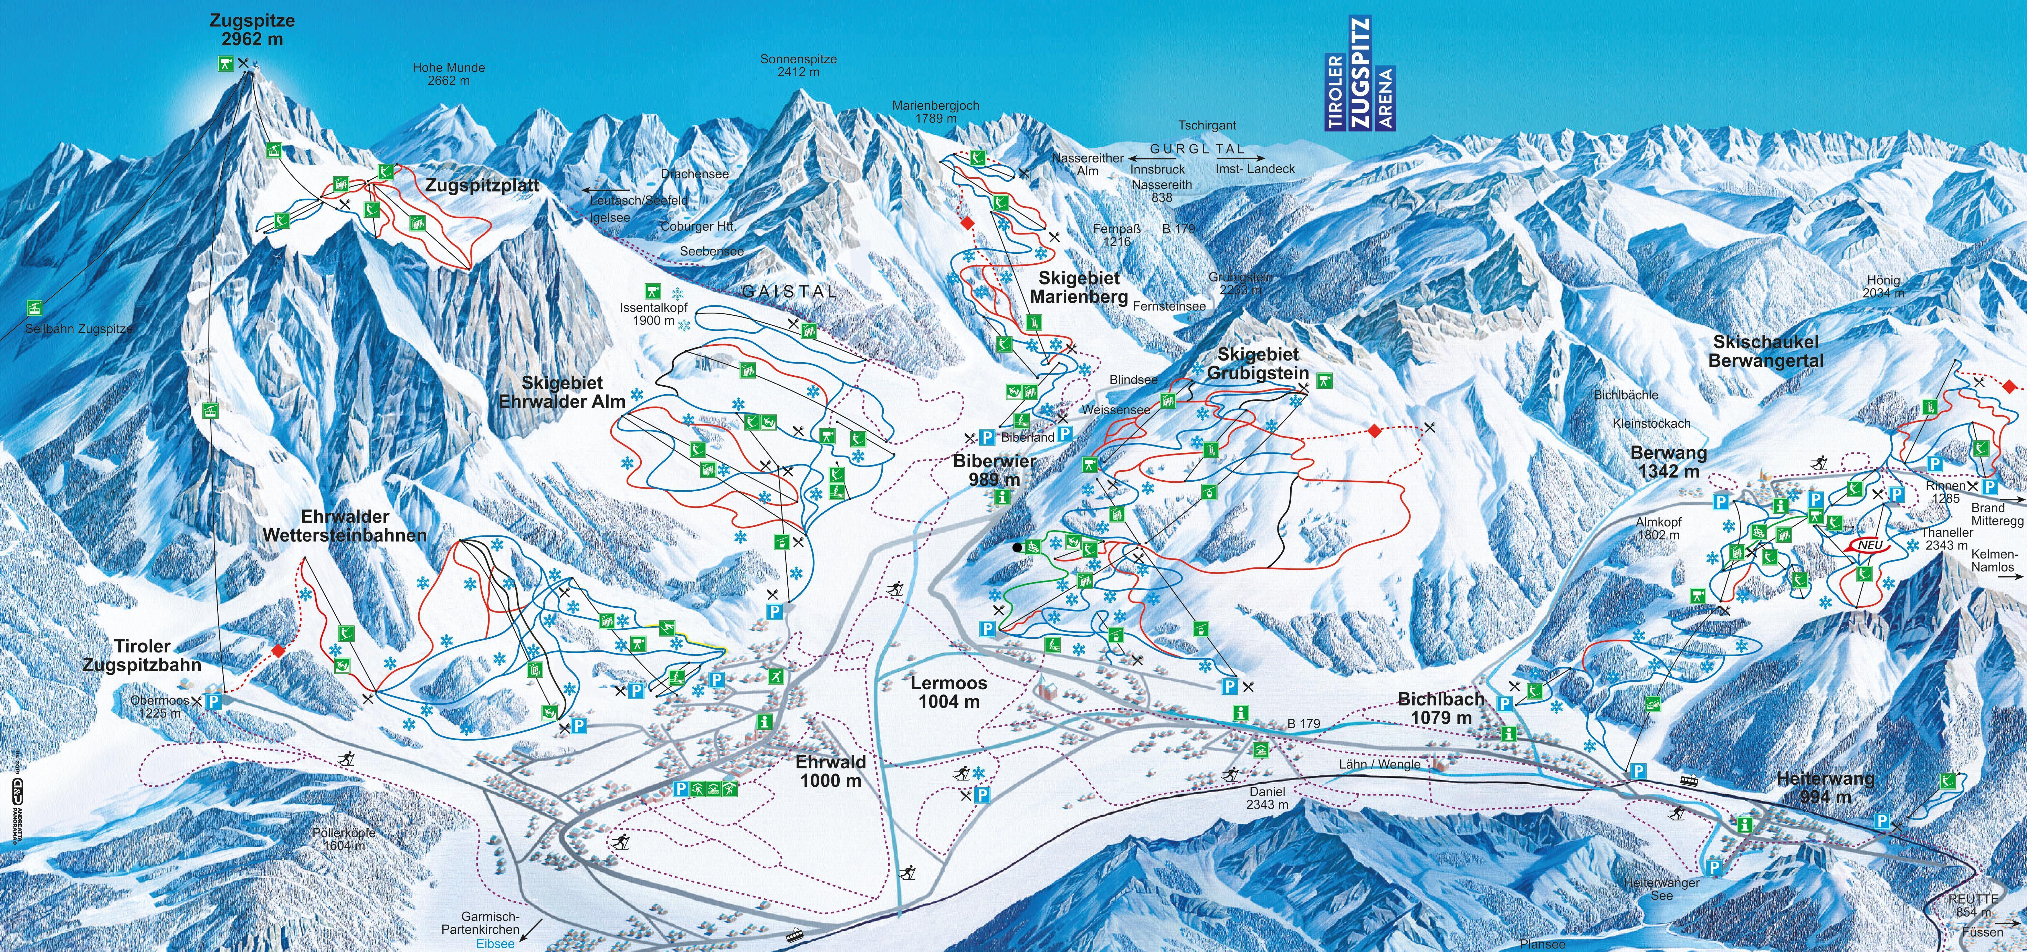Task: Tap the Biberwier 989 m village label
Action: pyautogui.click(x=995, y=470)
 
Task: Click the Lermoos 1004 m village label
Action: pyautogui.click(x=949, y=692)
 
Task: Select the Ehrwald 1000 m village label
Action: pyautogui.click(x=830, y=771)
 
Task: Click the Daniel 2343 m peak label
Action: pyautogui.click(x=1267, y=798)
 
